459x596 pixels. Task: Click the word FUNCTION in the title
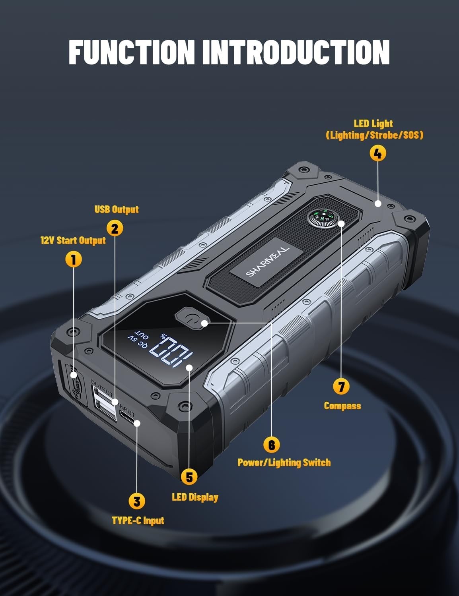pyautogui.click(x=132, y=52)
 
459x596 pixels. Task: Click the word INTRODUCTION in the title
pyautogui.click(x=296, y=52)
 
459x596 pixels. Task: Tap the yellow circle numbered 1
pyautogui.click(x=73, y=259)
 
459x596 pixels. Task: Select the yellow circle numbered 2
pyautogui.click(x=115, y=228)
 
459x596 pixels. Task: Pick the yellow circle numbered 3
pyautogui.click(x=136, y=501)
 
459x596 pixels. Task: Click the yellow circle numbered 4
pyautogui.click(x=377, y=153)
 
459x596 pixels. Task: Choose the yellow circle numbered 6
pyautogui.click(x=272, y=445)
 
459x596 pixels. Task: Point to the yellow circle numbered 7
pyautogui.click(x=341, y=386)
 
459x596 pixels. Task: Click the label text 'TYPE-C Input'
pyautogui.click(x=138, y=521)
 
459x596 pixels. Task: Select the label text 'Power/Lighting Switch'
pyautogui.click(x=284, y=462)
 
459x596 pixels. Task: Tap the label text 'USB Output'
pyautogui.click(x=117, y=209)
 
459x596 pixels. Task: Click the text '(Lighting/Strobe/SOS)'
pyautogui.click(x=374, y=135)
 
